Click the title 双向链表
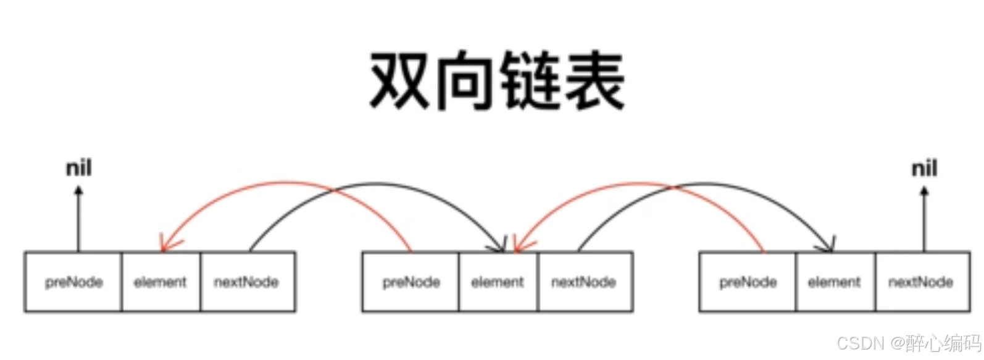pyautogui.click(x=497, y=82)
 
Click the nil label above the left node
pyautogui.click(x=78, y=168)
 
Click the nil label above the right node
pyautogui.click(x=924, y=168)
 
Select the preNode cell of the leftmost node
pyautogui.click(x=73, y=282)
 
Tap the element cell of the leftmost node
pyautogui.click(x=161, y=282)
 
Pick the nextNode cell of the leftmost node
pyautogui.click(x=246, y=282)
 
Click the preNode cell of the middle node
pyautogui.click(x=411, y=282)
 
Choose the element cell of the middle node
pyautogui.click(x=498, y=282)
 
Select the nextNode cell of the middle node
pyautogui.click(x=584, y=282)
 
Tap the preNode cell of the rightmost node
pyautogui.click(x=748, y=282)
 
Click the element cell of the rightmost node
pyautogui.click(x=834, y=282)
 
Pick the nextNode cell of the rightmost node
pyautogui.click(x=921, y=282)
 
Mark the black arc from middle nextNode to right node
pyautogui.click(x=728, y=184)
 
